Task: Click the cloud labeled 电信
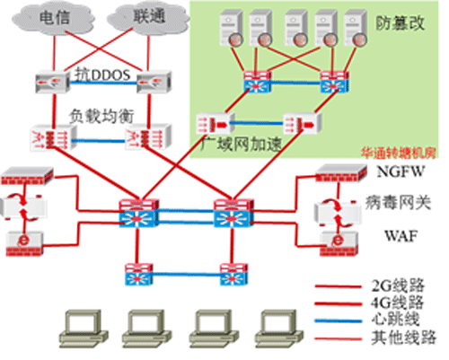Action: click(x=53, y=19)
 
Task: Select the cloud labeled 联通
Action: click(x=148, y=17)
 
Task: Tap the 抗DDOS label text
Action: click(x=102, y=75)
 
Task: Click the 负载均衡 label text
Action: click(x=101, y=116)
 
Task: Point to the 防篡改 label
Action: click(x=400, y=22)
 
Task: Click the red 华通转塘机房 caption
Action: click(x=398, y=153)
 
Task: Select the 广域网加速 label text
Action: click(x=242, y=145)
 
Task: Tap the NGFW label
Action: click(x=401, y=171)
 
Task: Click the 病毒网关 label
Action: click(x=398, y=203)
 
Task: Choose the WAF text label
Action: click(x=401, y=236)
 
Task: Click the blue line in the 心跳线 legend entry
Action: click(x=339, y=321)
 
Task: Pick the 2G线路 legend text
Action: click(x=398, y=285)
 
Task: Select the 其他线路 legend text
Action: click(x=403, y=338)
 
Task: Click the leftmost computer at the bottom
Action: click(x=84, y=329)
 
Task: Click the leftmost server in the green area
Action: click(x=231, y=29)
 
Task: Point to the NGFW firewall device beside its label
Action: click(x=341, y=173)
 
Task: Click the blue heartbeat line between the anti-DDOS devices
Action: click(x=103, y=83)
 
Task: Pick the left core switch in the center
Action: click(x=138, y=213)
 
